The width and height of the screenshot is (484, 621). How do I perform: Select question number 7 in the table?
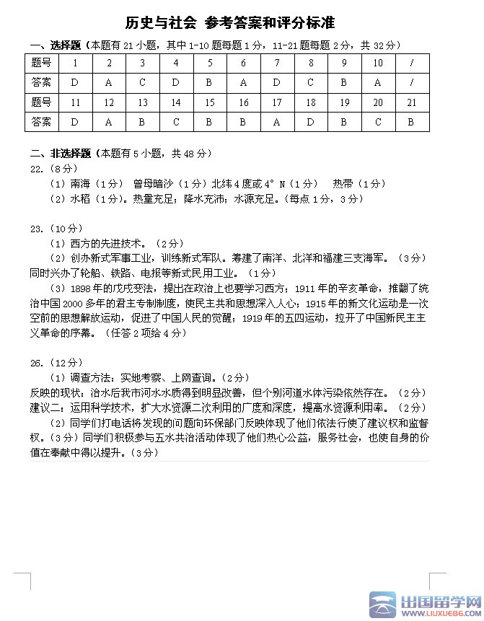point(277,63)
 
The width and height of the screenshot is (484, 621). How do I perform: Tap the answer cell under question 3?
point(142,82)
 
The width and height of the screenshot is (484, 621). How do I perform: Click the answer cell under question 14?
point(176,123)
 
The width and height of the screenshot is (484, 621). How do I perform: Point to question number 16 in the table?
point(243,103)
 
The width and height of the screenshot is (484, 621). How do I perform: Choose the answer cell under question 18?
point(311,123)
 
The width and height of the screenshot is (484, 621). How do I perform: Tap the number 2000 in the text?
point(83,303)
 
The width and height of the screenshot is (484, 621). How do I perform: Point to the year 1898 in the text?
point(82,289)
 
